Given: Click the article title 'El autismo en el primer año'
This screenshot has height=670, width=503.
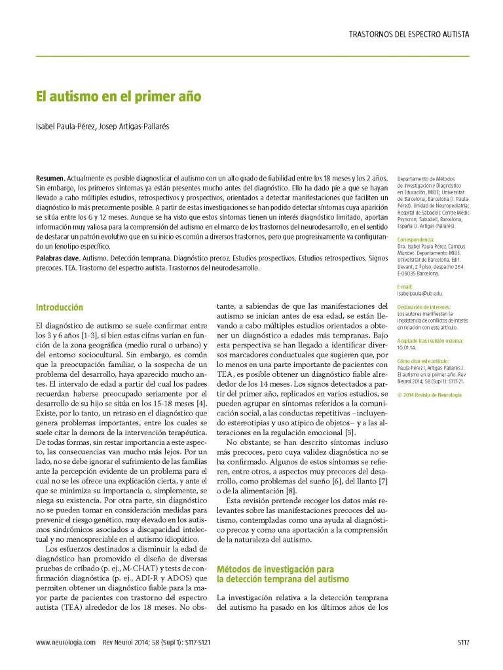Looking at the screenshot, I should [x=118, y=97].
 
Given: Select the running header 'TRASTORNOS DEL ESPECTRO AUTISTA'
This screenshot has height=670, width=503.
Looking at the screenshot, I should [x=409, y=35].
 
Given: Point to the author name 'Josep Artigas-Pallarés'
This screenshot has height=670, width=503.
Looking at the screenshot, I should [x=133, y=127].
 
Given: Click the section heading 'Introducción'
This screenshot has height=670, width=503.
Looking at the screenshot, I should [x=60, y=307].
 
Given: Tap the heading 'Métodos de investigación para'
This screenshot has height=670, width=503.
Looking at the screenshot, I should [x=275, y=570].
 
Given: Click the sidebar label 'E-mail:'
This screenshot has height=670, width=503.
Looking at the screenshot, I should [x=405, y=287].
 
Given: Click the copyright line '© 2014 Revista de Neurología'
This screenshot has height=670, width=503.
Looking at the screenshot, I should [x=430, y=395].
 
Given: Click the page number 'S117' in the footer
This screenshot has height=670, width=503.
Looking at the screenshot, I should [x=463, y=643].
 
